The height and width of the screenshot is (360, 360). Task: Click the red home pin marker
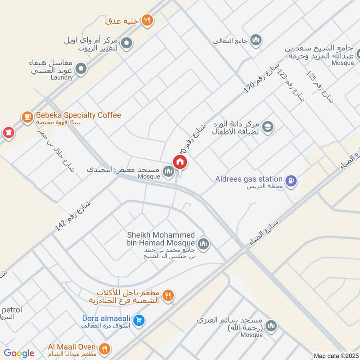click(x=180, y=162)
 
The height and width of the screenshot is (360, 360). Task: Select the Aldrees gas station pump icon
click(x=292, y=181)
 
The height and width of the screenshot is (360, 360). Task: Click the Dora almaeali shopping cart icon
click(x=139, y=320)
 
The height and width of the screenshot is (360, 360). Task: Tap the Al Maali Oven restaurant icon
click(x=104, y=348)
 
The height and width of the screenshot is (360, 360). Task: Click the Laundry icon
click(x=81, y=69)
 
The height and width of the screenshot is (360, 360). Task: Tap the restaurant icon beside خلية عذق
click(x=147, y=20)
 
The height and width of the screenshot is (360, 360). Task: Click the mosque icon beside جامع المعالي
click(x=256, y=40)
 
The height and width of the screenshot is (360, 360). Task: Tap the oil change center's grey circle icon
click(x=127, y=43)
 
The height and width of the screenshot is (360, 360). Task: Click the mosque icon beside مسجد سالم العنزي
click(x=271, y=325)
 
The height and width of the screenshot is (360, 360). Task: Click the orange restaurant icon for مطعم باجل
click(x=168, y=296)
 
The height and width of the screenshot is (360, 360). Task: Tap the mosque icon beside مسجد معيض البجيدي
click(x=168, y=171)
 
